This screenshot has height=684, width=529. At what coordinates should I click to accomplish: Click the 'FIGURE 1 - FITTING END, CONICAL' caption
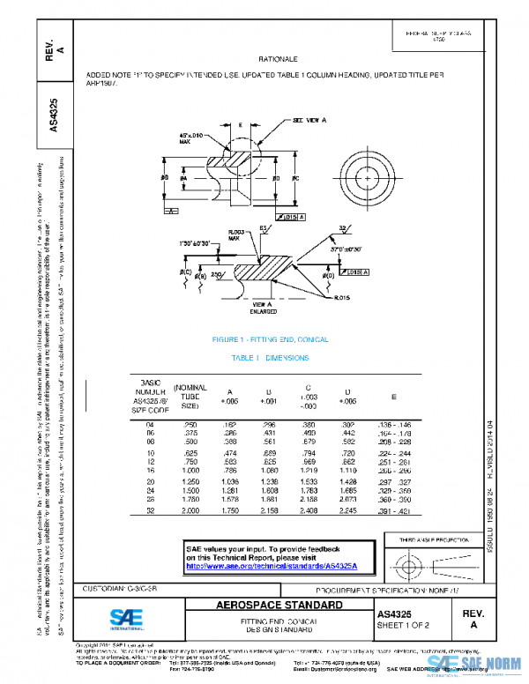point(270,340)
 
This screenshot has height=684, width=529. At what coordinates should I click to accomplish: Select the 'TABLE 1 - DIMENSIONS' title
point(270,358)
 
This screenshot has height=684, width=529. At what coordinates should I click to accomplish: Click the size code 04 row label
point(149,425)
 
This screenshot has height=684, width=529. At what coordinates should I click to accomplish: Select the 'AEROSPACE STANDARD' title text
point(280,606)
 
